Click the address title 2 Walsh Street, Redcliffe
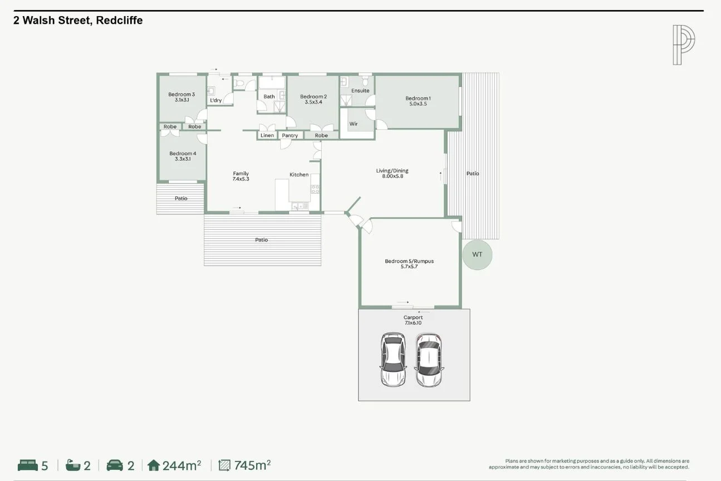pos(78,21)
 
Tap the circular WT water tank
pos(477,255)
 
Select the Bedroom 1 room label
pos(418,101)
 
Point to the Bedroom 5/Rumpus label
pos(409,264)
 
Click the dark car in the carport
pos(393,360)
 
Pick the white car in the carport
pos(429,360)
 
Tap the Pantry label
pos(290,136)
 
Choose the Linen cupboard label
pos(267,136)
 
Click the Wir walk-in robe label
pos(353,124)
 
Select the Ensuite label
pos(360,91)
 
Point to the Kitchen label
pos(299,175)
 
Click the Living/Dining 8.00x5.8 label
pos(392,174)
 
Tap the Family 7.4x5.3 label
pos(241,176)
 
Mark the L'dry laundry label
pos(215,101)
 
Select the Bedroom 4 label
pos(183,156)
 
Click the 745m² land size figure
pos(252,465)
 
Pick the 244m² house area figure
pos(182,465)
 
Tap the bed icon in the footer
pos(28,465)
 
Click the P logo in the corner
pos(684,45)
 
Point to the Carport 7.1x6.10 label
pos(413,320)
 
